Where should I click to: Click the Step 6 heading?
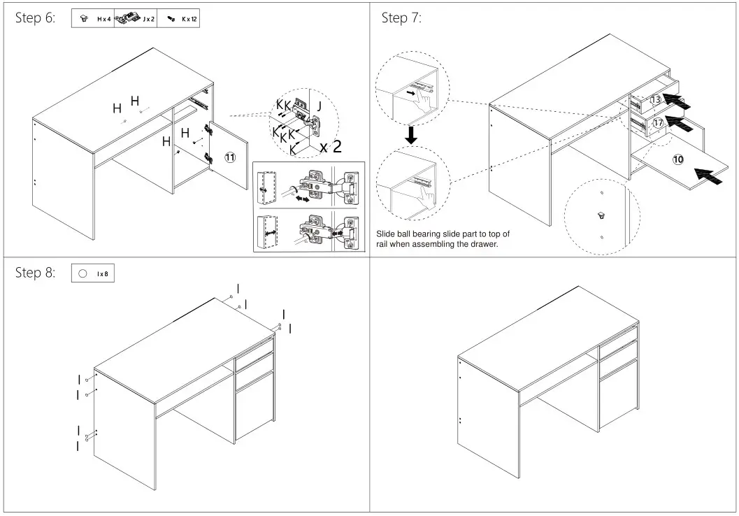point(35,18)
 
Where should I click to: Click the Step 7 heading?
point(401,18)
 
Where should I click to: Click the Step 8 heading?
point(35,273)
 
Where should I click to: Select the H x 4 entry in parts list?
point(94,19)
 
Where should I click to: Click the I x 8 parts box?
point(93,274)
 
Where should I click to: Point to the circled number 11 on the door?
point(229,157)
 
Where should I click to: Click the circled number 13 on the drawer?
point(655,100)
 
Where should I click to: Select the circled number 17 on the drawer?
point(658,123)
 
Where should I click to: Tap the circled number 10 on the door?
point(678,159)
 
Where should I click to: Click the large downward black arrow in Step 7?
point(412,134)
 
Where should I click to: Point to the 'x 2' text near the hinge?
point(330,147)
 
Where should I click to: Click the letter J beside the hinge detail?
point(320,107)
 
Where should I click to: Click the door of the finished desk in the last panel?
point(618,395)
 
